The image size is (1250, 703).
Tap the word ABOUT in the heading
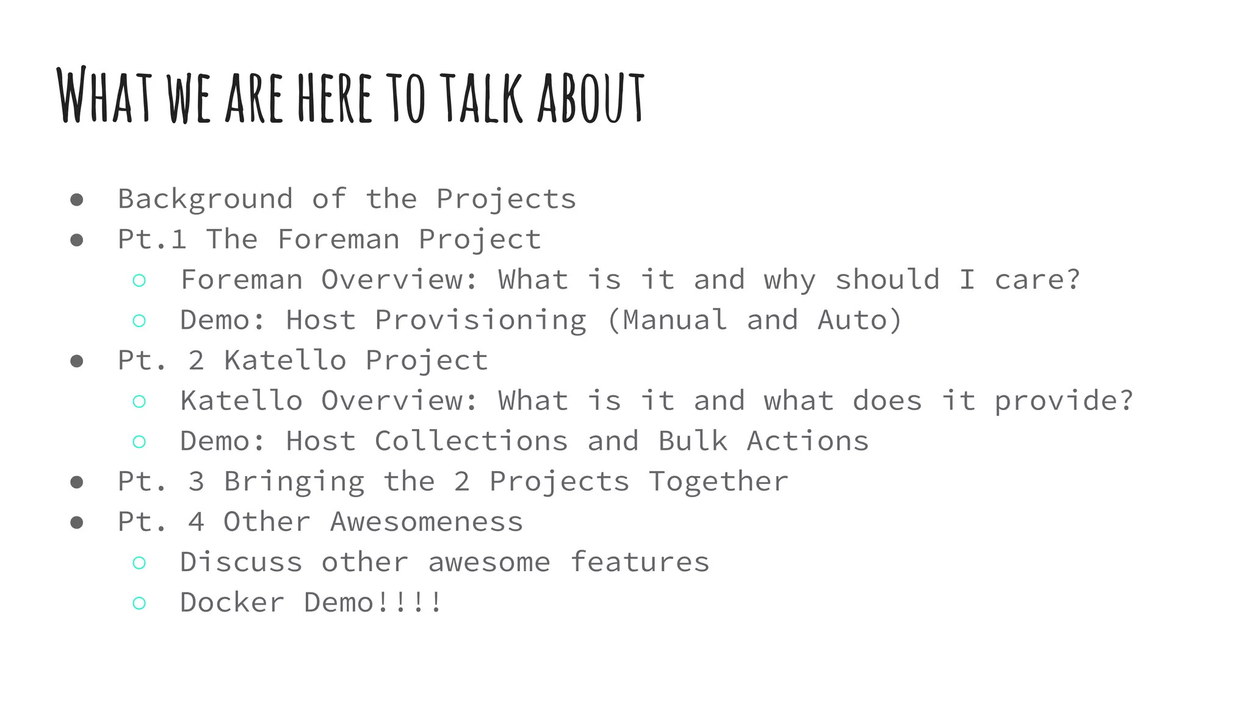click(590, 98)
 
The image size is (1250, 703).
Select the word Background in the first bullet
click(205, 200)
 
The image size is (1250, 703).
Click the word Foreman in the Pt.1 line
click(339, 239)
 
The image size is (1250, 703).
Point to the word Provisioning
click(480, 320)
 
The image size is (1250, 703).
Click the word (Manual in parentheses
click(667, 320)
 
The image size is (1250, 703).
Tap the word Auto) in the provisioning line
click(859, 320)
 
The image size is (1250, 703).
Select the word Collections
click(471, 441)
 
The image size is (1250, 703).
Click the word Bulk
click(693, 441)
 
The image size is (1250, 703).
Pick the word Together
click(718, 482)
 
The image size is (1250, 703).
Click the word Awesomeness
click(427, 522)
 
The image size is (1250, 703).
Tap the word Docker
click(232, 603)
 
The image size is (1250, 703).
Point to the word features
click(640, 563)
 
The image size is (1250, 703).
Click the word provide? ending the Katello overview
click(1064, 402)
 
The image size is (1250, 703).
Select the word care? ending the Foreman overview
click(1038, 280)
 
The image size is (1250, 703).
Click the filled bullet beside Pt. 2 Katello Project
click(77, 361)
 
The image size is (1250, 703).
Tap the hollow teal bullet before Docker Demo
click(139, 604)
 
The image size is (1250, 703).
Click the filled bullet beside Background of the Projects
click(77, 200)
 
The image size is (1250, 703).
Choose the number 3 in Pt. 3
click(196, 482)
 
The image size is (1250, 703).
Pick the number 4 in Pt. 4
click(196, 522)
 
